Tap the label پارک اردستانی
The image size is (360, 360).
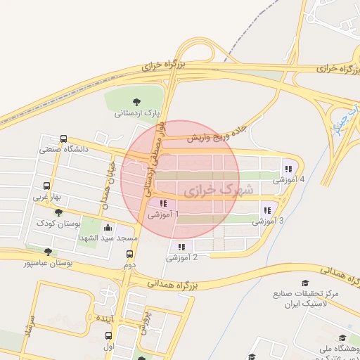138,112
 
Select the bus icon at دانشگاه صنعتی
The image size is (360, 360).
64,139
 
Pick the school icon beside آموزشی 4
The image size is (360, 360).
289,169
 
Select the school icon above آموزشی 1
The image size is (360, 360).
153,204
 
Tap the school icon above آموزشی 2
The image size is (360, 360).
181,247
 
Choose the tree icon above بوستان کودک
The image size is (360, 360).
58,212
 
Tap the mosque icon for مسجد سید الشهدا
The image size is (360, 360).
107,228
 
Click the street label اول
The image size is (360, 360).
108,347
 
